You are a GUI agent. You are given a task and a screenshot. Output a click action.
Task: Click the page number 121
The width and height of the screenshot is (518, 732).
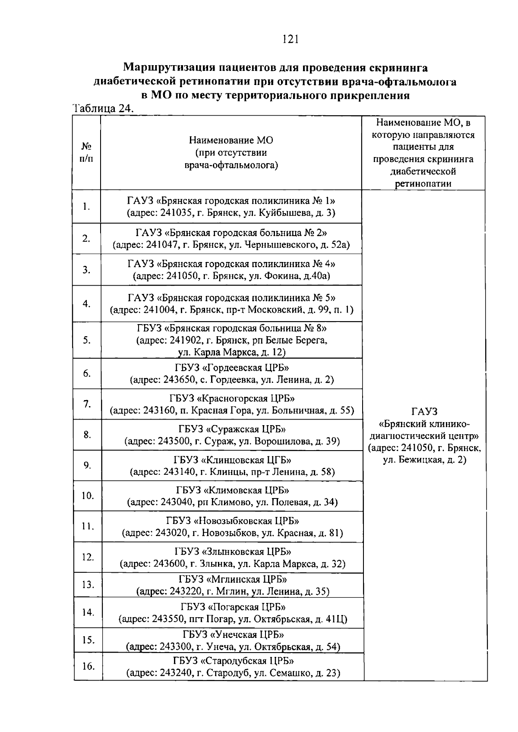pos(290,40)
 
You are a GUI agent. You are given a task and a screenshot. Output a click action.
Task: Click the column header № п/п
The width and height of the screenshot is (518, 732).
pos(87,152)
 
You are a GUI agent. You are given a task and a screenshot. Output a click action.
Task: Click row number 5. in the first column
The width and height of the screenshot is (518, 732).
pos(87,340)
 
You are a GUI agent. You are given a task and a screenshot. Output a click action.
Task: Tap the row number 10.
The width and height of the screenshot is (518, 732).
pos(88,495)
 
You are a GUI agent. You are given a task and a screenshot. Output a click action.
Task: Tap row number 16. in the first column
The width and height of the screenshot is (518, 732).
pos(88,666)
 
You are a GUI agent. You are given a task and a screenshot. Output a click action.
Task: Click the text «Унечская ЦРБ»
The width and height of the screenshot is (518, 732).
pos(247,635)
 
